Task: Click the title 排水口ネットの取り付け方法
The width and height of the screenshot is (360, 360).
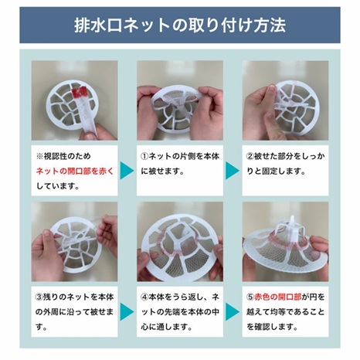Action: pyautogui.click(x=180, y=24)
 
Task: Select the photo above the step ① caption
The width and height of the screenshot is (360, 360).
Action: pyautogui.click(x=179, y=100)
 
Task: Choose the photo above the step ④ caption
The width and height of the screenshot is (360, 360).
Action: pyautogui.click(x=179, y=241)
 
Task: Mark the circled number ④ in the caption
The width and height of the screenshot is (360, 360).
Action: pyautogui.click(x=144, y=296)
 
